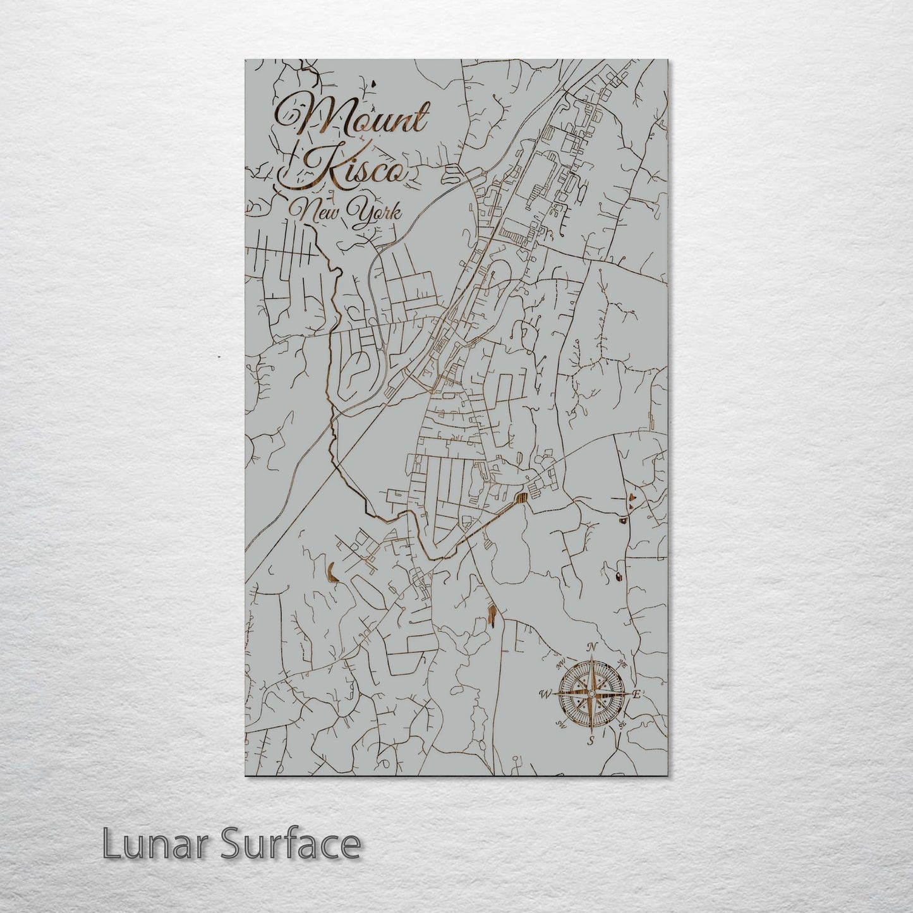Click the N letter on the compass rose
click(x=592, y=647)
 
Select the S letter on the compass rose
click(x=591, y=741)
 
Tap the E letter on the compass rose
click(x=637, y=694)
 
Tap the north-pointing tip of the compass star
click(x=591, y=657)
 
